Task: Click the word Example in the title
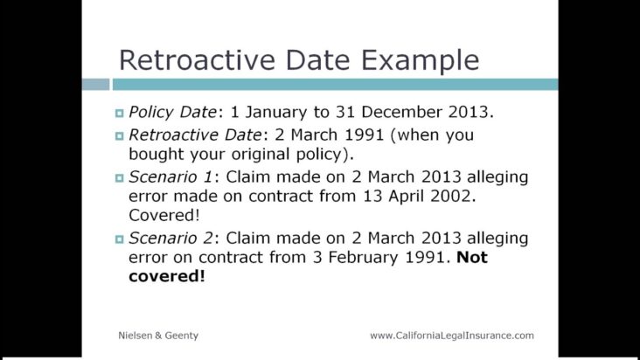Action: click(x=421, y=61)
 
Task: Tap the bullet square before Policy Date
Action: click(x=119, y=114)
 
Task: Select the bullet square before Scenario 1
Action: click(x=119, y=178)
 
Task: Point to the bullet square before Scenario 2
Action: click(x=119, y=239)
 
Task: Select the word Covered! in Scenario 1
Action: click(x=164, y=215)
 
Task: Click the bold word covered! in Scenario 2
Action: click(x=166, y=276)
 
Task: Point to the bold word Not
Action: click(x=472, y=257)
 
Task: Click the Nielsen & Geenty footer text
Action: click(x=158, y=336)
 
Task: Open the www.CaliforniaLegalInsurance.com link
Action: click(x=452, y=336)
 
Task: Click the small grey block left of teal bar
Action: click(x=95, y=85)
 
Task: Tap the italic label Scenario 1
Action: click(x=171, y=177)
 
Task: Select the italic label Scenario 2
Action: click(x=171, y=238)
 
